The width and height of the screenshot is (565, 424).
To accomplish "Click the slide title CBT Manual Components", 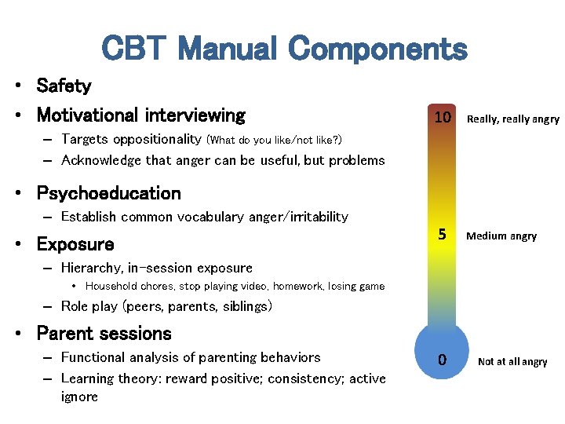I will [284, 49].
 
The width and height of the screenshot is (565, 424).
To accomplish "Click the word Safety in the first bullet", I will [64, 86].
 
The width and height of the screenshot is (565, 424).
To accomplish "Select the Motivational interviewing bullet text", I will [141, 115].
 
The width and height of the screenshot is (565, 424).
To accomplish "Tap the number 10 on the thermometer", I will [443, 118].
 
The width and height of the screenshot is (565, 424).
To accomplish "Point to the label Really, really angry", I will [512, 119].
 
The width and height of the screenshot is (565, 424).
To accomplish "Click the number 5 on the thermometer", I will [442, 235].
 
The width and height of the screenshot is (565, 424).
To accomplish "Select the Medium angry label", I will [501, 236].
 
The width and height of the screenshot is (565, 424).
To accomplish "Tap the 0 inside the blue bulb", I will [443, 360].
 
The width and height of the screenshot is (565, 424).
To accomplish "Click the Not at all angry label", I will [512, 362].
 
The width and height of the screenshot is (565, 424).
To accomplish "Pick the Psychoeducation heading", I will [108, 193].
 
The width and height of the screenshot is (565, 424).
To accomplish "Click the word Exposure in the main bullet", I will [75, 244].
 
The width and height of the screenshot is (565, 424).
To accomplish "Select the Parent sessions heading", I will [104, 334].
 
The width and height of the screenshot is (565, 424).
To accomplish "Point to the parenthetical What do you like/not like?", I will [274, 141].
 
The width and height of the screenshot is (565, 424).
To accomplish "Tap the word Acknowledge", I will [100, 160].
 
